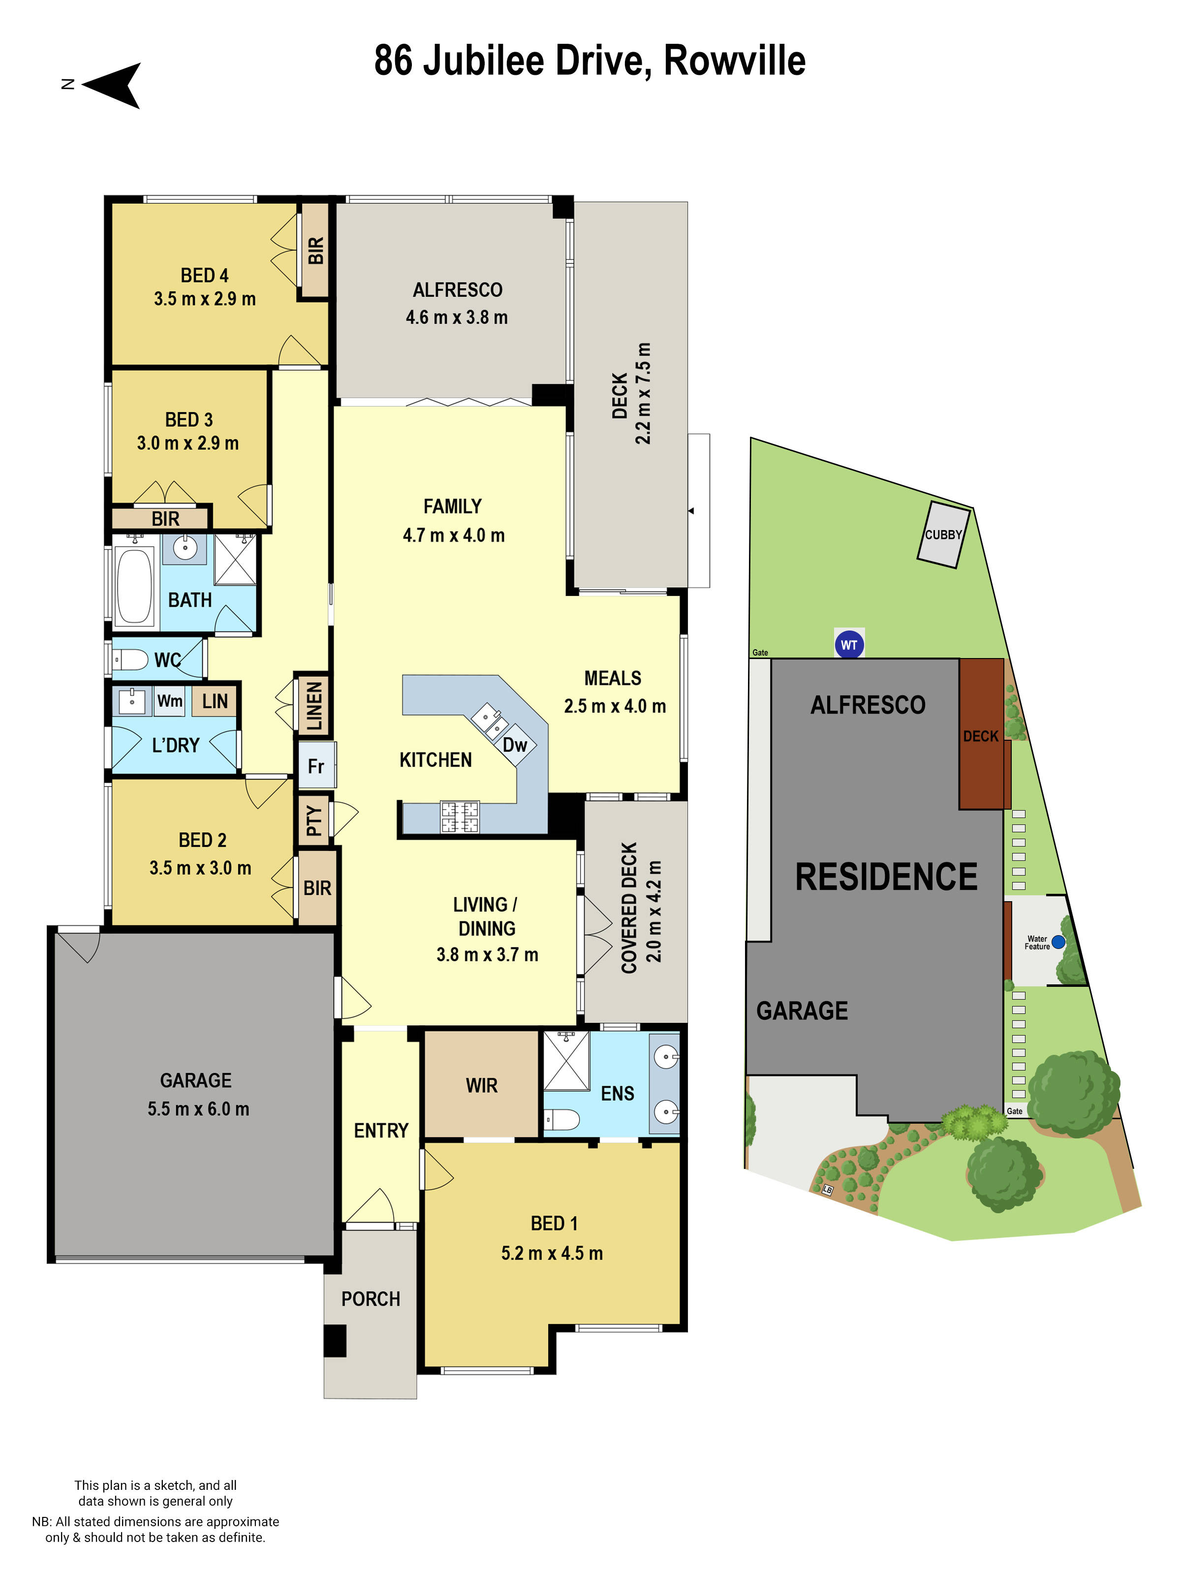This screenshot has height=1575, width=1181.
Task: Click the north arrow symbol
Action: coord(114,86)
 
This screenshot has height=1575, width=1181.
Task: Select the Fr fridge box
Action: coord(316,766)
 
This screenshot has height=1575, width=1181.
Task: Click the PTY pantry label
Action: coord(314,821)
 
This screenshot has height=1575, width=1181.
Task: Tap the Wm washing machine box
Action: coord(169,701)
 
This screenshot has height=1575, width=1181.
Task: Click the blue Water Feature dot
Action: coord(1058,942)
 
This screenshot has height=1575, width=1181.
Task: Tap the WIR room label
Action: coord(481,1086)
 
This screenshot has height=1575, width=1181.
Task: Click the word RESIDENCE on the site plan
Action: coord(886,877)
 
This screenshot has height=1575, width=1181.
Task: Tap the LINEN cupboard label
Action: coord(314,706)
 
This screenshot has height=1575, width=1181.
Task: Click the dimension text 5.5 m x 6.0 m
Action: coord(198,1108)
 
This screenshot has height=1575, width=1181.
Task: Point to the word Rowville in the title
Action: coord(734,61)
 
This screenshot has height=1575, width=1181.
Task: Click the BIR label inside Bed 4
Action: coord(315,251)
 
